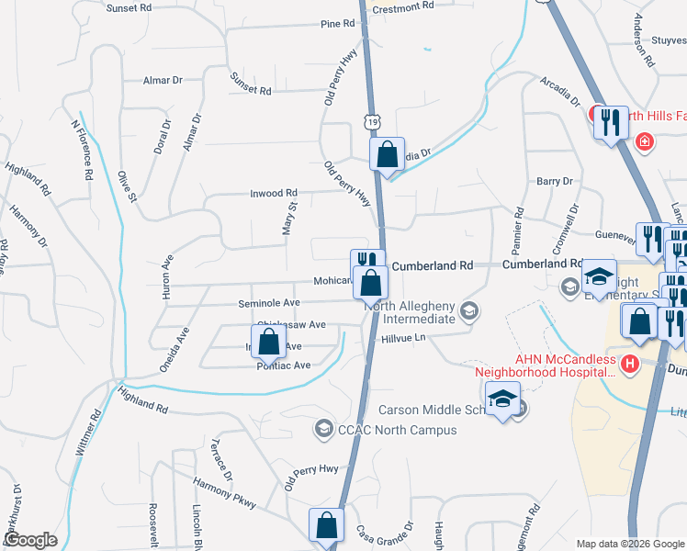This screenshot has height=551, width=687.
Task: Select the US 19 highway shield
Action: click(x=369, y=120)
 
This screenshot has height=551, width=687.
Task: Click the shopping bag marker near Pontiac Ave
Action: click(x=268, y=343)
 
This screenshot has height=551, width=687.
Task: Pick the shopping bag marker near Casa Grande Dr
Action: click(x=326, y=526)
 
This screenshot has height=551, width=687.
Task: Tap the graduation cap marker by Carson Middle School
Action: click(x=502, y=399)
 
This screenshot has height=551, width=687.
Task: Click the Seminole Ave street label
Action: click(x=269, y=303)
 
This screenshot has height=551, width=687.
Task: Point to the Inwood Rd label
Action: click(x=274, y=194)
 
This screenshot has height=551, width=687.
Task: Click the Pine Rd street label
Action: click(x=331, y=24)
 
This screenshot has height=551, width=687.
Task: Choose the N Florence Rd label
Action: click(x=82, y=149)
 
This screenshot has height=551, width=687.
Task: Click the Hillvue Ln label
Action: click(x=405, y=339)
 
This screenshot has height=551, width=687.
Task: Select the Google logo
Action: click(x=29, y=540)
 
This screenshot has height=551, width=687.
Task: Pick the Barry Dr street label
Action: click(x=555, y=182)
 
